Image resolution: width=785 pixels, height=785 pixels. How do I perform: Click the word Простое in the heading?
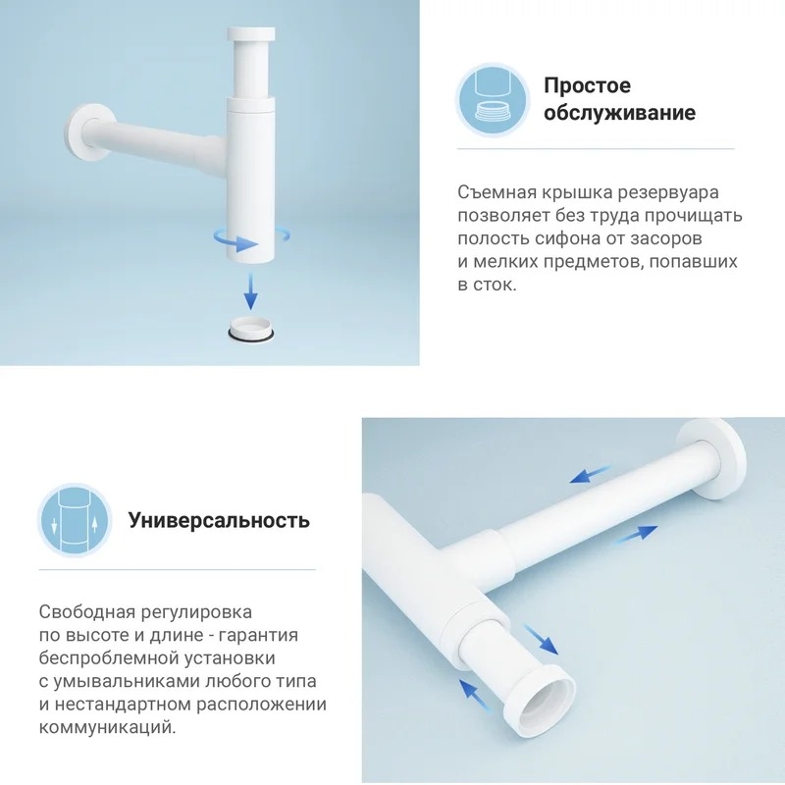(587, 85)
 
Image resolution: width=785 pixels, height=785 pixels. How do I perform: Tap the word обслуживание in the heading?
(620, 113)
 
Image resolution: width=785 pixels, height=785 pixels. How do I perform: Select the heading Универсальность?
(219, 520)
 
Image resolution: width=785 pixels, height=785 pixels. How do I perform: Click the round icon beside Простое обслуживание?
(494, 101)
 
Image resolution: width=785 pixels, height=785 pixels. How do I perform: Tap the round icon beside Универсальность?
(76, 521)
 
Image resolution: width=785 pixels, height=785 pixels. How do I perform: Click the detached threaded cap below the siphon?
(251, 331)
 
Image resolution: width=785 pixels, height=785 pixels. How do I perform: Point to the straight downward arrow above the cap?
(251, 291)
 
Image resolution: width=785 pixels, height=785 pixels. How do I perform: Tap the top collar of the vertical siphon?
(251, 34)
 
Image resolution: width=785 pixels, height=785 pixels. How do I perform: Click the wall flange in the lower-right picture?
(712, 459)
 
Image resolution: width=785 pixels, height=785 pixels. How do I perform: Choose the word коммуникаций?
(108, 727)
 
